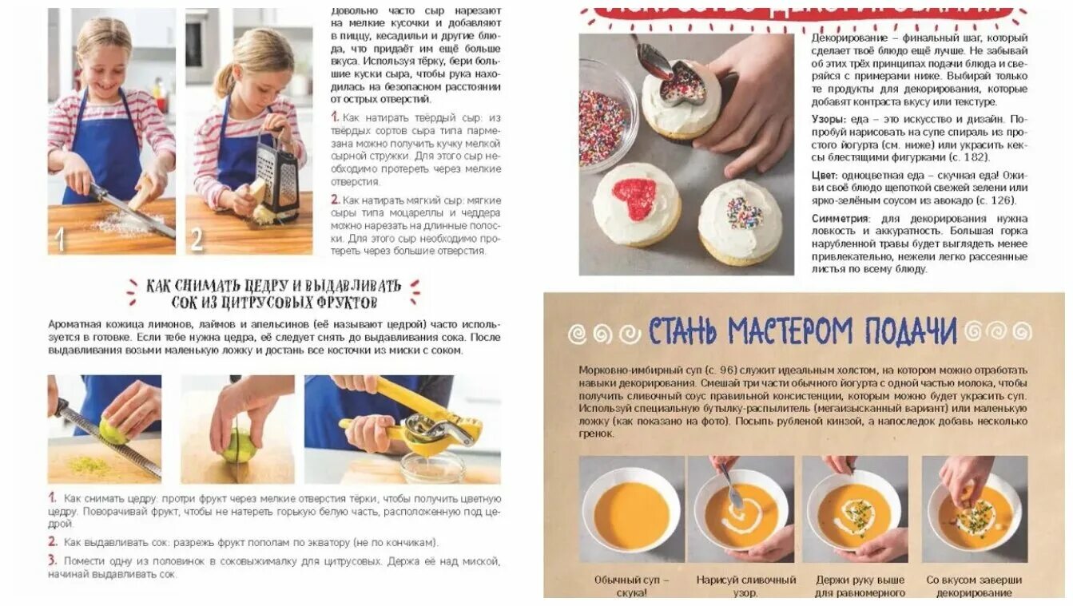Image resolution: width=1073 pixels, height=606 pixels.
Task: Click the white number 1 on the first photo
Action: pyautogui.click(x=58, y=240)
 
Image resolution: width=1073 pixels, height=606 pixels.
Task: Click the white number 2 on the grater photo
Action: pyautogui.click(x=197, y=240)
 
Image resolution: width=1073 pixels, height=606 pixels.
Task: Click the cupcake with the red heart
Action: pyautogui.click(x=636, y=204)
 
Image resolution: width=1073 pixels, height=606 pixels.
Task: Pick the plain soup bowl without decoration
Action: pyautogui.click(x=631, y=511)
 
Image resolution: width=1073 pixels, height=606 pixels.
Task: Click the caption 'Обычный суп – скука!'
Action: pyautogui.click(x=631, y=586)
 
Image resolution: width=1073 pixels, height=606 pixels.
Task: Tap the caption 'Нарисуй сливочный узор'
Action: pyautogui.click(x=745, y=586)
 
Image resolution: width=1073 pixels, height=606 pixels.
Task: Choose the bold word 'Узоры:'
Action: pyautogui.click(x=832, y=118)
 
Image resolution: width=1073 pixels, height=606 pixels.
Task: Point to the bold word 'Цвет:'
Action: pyautogui.click(x=828, y=174)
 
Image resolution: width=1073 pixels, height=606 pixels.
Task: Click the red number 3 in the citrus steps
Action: pyautogui.click(x=53, y=560)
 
